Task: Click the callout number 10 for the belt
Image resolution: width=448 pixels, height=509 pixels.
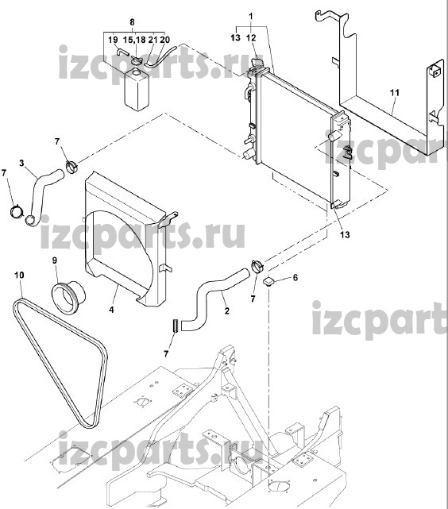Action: [19, 276]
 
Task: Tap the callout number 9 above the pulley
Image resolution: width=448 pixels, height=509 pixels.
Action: [55, 260]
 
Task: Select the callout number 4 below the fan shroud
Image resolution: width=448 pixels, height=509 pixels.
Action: [111, 310]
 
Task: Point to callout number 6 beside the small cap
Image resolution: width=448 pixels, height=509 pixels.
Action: [295, 278]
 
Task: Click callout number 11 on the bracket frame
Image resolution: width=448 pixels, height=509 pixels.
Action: [395, 93]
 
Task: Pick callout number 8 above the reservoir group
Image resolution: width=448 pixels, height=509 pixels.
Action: [132, 22]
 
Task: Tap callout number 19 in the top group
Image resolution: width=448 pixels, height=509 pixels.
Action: [113, 40]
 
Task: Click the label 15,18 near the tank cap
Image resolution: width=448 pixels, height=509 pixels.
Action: [134, 40]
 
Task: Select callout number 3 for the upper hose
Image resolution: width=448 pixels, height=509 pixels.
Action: [21, 163]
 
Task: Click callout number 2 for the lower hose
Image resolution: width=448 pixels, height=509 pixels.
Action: [226, 310]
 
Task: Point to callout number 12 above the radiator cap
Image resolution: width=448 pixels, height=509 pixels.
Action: [251, 38]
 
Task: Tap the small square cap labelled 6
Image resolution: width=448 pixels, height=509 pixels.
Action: [268, 282]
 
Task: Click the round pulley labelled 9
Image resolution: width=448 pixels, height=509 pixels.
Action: [68, 293]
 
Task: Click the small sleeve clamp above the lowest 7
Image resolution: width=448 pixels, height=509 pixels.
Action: [176, 326]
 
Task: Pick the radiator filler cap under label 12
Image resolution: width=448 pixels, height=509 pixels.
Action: [257, 63]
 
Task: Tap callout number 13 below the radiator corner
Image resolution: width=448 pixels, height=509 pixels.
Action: [345, 234]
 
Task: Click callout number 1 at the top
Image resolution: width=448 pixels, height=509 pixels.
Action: [251, 16]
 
